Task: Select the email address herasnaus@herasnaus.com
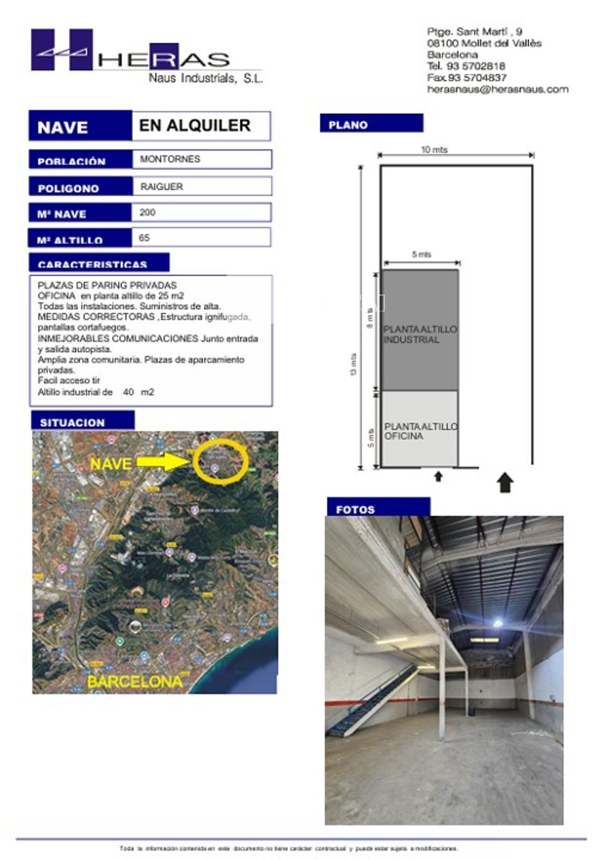coord(497,90)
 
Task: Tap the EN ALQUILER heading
coord(195,126)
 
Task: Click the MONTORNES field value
coord(170,159)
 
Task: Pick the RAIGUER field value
coord(161,187)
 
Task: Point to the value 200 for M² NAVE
coord(147,212)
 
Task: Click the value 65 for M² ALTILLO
coord(144,238)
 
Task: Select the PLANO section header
coord(371,124)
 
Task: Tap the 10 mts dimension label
coord(434,150)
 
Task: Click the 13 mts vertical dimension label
coord(353,364)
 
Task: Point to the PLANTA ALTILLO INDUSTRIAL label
coord(420,334)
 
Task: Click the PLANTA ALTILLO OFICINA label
coord(420,431)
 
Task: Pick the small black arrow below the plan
coord(438,476)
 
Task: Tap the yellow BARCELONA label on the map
coord(134,682)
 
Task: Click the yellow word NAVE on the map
coord(111,463)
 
